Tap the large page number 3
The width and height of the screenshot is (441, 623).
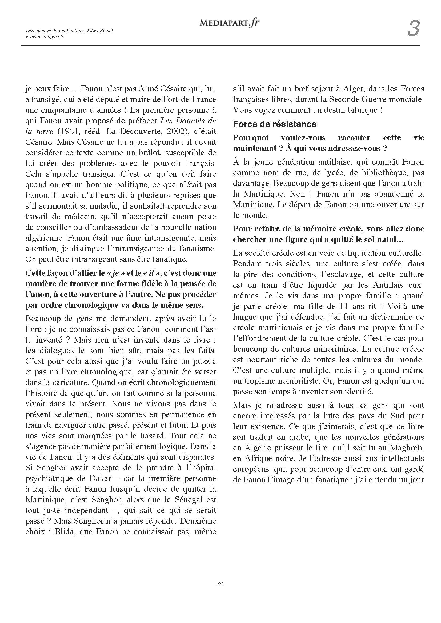point(413,28)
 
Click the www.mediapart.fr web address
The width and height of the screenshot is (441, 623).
point(45,37)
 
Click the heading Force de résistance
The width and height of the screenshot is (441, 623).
point(275,124)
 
